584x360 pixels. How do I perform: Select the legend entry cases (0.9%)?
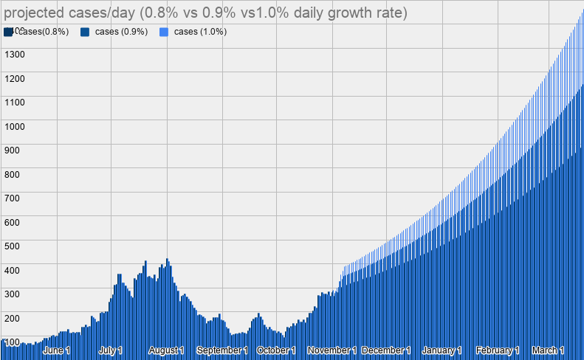121,32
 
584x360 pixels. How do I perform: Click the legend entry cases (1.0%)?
199,32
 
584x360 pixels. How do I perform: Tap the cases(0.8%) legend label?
43,32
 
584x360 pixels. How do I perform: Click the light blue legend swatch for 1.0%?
164,32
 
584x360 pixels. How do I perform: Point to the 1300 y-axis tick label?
15,54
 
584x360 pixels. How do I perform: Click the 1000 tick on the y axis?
15,126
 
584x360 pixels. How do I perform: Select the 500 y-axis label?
13,246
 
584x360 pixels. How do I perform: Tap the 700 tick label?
13,198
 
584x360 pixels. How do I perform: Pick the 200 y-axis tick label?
13,317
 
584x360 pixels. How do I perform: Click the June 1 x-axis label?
57,350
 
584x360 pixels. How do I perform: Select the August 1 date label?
166,350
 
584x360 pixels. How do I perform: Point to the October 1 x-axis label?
276,350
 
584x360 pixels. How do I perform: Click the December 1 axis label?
386,350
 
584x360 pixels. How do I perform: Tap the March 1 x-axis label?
548,350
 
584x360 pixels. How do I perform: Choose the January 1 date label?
442,350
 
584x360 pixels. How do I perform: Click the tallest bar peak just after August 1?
168,260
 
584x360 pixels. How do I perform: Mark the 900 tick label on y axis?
13,150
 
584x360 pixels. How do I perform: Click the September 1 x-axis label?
222,350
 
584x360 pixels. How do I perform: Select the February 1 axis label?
498,350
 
